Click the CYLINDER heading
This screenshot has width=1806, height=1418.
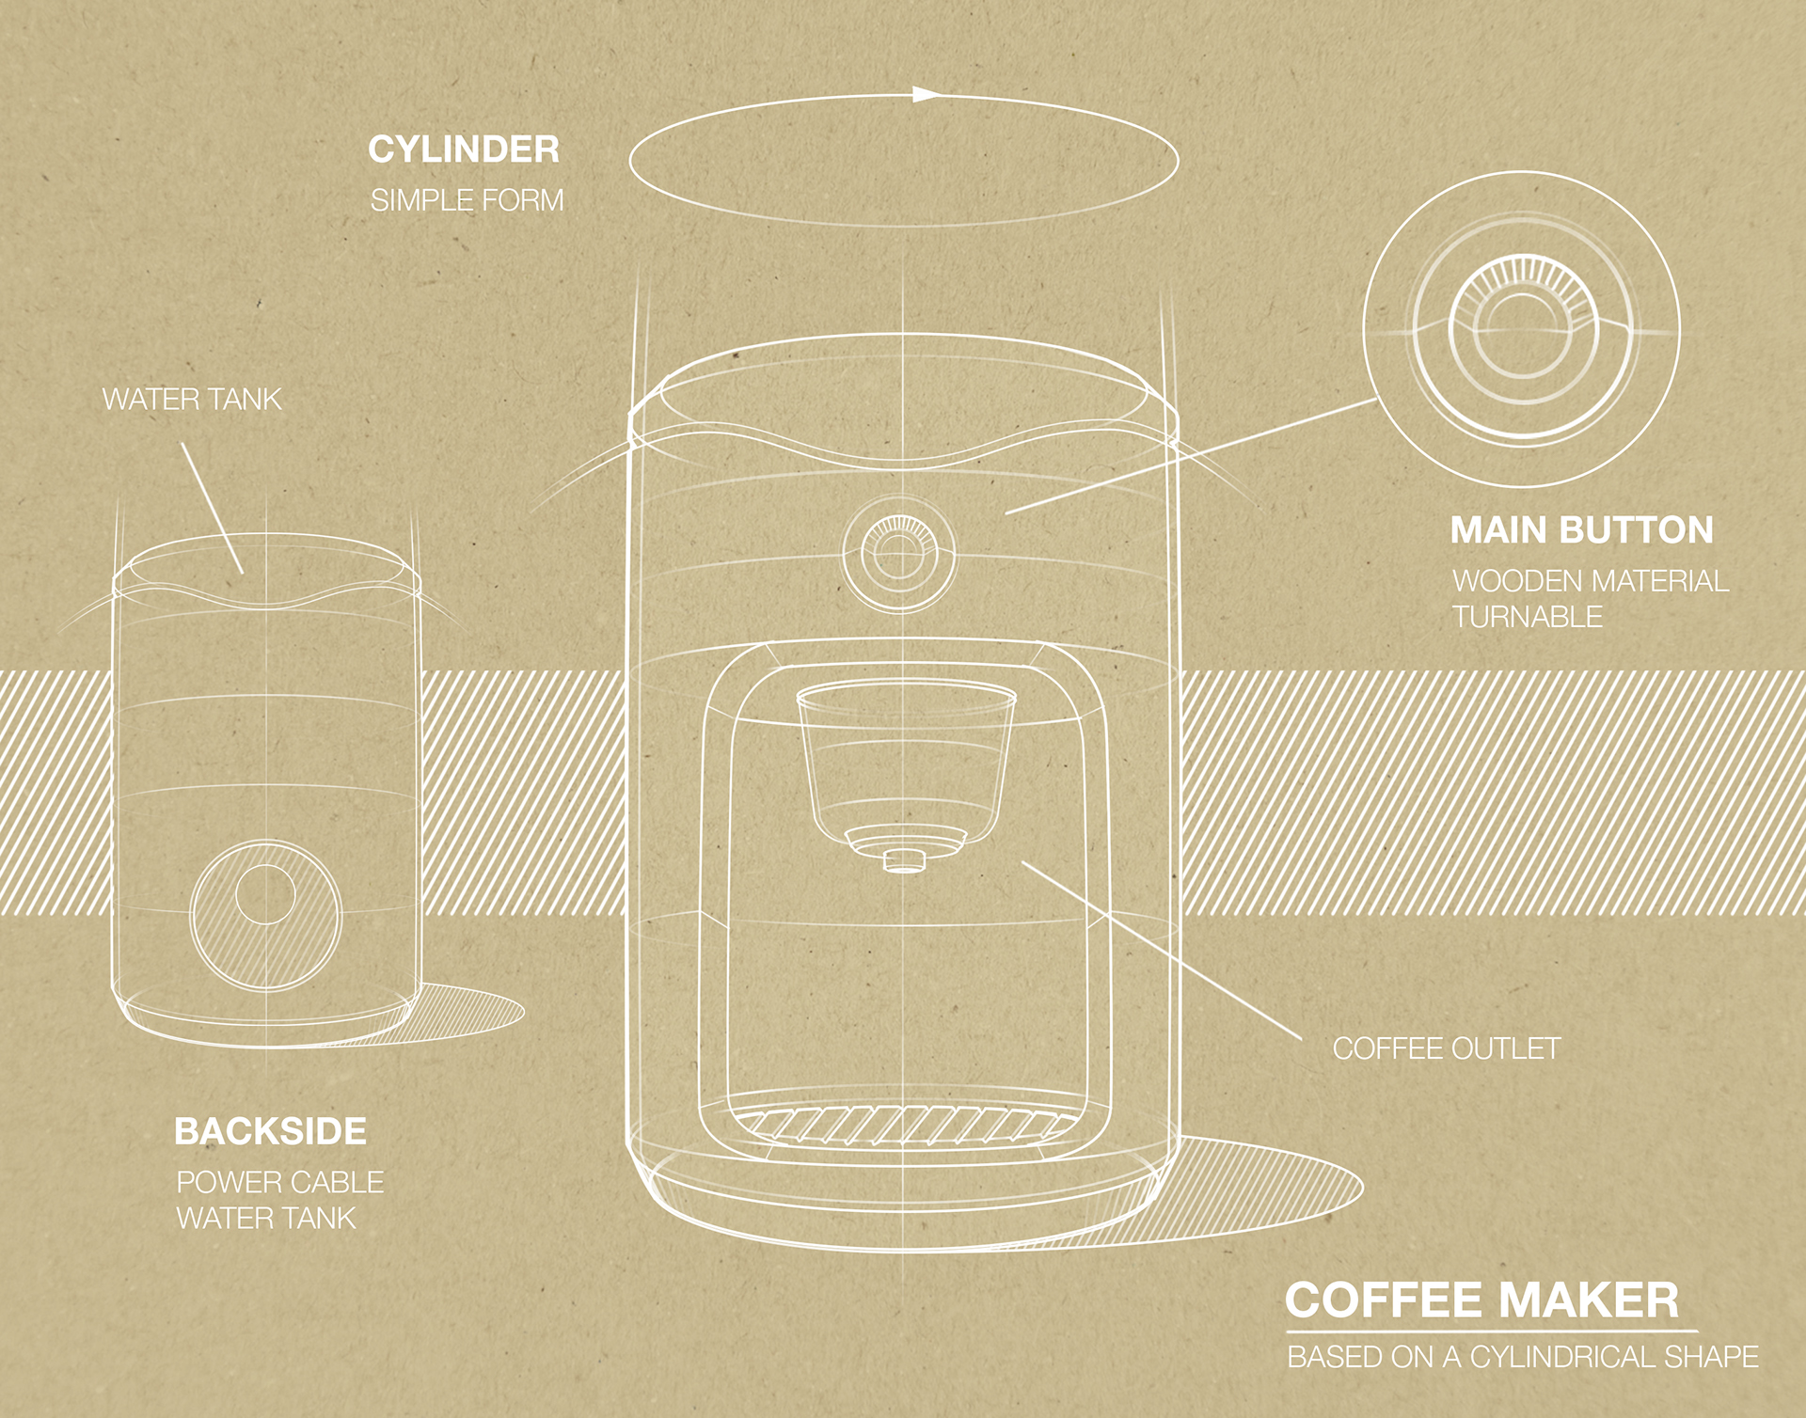463,150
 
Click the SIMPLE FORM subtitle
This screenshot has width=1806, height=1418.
467,200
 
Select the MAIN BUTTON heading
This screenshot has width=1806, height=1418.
1581,530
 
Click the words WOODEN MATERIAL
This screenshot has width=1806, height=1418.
1590,581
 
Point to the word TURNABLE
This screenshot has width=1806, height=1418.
1527,617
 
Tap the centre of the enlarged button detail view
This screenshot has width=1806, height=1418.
1521,329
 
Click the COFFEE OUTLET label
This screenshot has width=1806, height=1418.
1446,1048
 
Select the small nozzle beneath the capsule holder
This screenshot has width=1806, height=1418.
905,860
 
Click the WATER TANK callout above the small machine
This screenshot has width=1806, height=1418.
192,400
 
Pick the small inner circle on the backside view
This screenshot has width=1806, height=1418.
265,894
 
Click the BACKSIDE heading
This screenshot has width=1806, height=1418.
270,1131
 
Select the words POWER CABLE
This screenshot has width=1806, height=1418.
279,1182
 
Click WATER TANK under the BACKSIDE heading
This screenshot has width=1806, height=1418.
266,1219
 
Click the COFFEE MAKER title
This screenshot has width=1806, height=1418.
1481,1301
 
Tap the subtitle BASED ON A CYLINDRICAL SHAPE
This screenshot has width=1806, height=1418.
1522,1357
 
